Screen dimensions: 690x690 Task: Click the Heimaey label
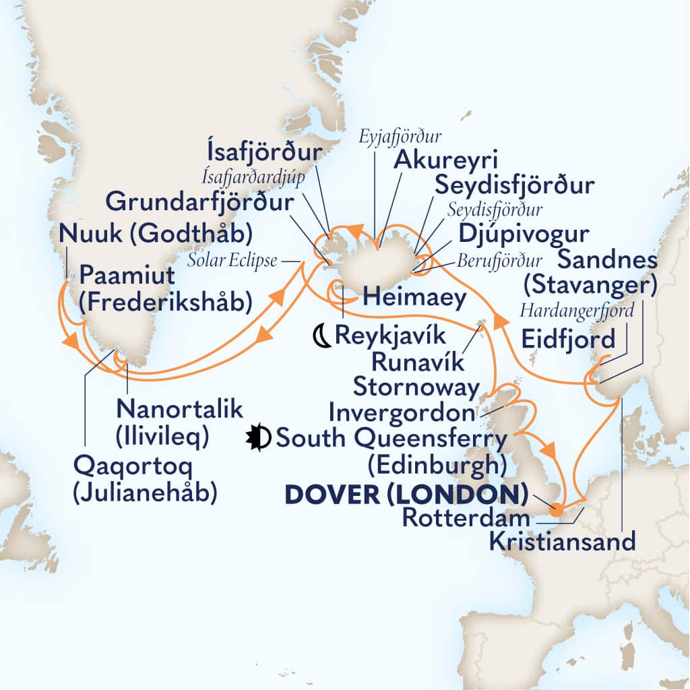coord(414,297)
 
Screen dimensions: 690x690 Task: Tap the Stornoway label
coord(416,387)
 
